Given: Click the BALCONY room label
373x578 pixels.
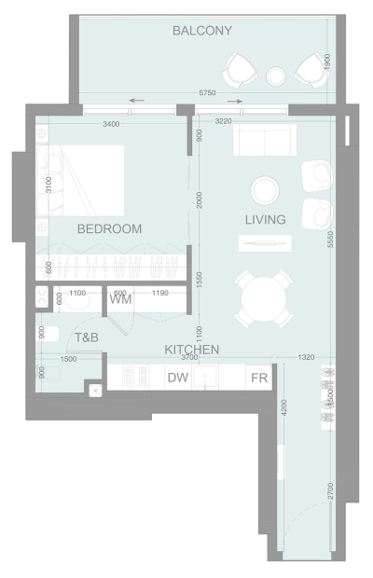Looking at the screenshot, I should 202,31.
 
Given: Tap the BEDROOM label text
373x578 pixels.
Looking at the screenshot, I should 109,228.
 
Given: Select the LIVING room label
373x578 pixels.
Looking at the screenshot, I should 265,220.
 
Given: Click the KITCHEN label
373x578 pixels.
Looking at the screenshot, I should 192,350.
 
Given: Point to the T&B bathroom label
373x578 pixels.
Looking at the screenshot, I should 87,337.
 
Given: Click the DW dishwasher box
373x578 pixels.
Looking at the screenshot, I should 177,378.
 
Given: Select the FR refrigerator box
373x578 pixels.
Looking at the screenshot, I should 258,378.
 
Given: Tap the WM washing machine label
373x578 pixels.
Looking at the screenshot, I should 120,300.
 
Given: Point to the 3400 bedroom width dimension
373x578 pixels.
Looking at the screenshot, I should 111,123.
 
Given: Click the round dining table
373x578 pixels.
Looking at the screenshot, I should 264,299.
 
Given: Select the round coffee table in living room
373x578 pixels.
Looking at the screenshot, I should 264,190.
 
